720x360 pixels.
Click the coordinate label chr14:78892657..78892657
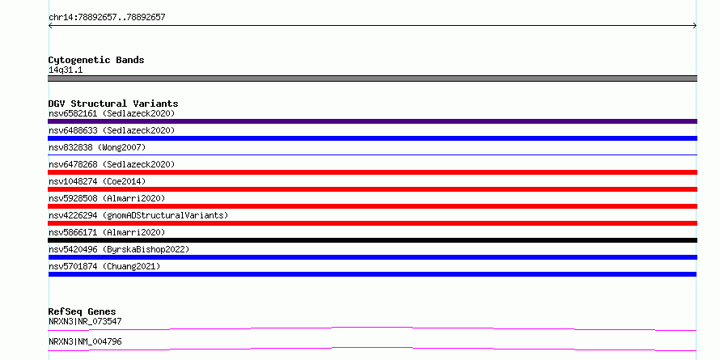pyautogui.click(x=107, y=18)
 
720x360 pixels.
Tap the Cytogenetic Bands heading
pyautogui.click(x=96, y=60)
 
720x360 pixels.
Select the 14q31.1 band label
pyautogui.click(x=66, y=70)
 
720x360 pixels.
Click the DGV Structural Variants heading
pyautogui.click(x=113, y=104)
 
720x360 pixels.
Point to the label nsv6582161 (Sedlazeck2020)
pyautogui.click(x=112, y=113)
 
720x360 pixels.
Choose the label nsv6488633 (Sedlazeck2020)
pyautogui.click(x=112, y=130)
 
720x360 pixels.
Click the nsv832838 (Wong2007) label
pyautogui.click(x=97, y=147)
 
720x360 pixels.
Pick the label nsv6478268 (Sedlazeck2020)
pyautogui.click(x=112, y=164)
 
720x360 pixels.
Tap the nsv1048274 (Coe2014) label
pyautogui.click(x=97, y=181)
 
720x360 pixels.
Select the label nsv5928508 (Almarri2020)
pyautogui.click(x=107, y=198)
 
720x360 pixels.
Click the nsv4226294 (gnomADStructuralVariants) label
pyautogui.click(x=138, y=215)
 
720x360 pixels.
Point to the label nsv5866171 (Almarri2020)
pyautogui.click(x=107, y=232)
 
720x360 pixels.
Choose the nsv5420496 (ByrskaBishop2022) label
pyautogui.click(x=119, y=249)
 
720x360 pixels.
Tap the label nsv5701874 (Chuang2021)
pyautogui.click(x=104, y=266)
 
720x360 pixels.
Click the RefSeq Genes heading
pyautogui.click(x=83, y=311)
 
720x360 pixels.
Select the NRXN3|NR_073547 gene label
pyautogui.click(x=85, y=321)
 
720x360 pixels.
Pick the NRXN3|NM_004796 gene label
pyautogui.click(x=85, y=341)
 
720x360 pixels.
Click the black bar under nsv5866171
pyautogui.click(x=372, y=240)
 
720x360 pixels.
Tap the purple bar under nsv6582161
pyautogui.click(x=372, y=121)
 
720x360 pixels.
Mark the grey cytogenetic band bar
pyautogui.click(x=372, y=78)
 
